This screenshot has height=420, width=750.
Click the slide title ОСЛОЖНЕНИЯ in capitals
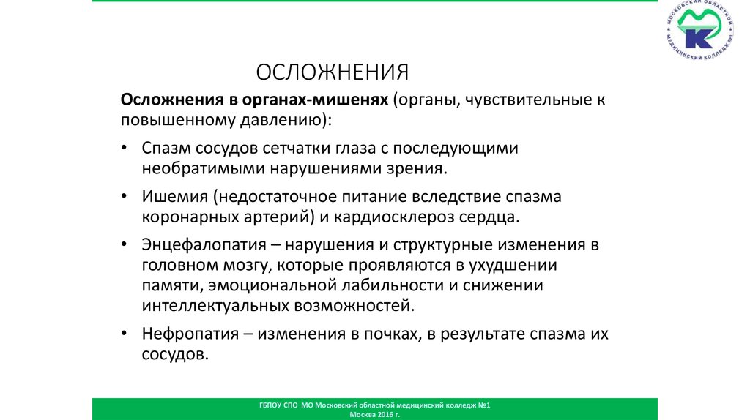(332, 72)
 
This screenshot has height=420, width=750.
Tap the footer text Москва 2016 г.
(375, 414)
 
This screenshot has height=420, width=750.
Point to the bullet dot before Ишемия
(127, 197)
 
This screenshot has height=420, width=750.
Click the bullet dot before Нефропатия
(127, 334)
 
